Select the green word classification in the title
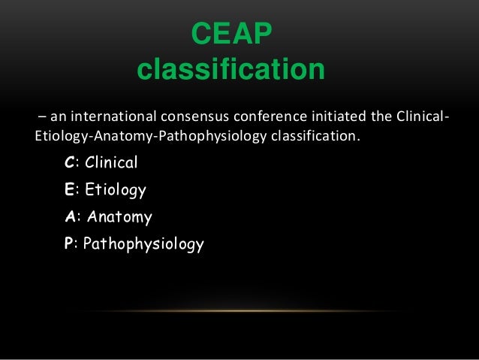click(231, 71)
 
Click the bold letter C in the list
click(70, 162)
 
